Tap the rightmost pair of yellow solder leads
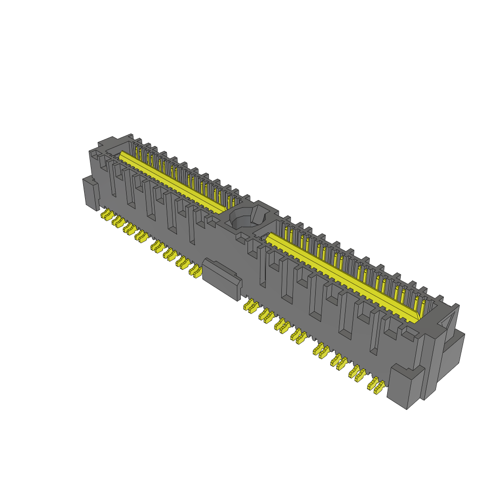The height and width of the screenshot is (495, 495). (x=377, y=385)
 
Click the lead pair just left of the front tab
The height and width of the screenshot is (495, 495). (x=195, y=271)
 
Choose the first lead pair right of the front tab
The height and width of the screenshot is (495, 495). (x=250, y=306)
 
